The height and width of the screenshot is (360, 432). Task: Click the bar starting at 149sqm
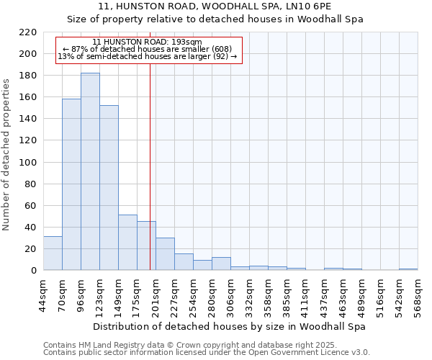(x=127, y=242)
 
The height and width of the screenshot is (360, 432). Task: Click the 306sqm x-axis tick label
(x=230, y=295)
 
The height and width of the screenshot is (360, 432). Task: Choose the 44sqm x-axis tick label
(x=43, y=295)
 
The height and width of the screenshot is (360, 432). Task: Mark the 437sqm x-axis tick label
(x=324, y=295)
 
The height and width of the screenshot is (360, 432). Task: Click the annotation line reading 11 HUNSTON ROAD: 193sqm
(x=148, y=42)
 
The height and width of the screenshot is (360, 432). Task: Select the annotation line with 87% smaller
(x=148, y=50)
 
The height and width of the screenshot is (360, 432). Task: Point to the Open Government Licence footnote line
(x=207, y=353)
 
